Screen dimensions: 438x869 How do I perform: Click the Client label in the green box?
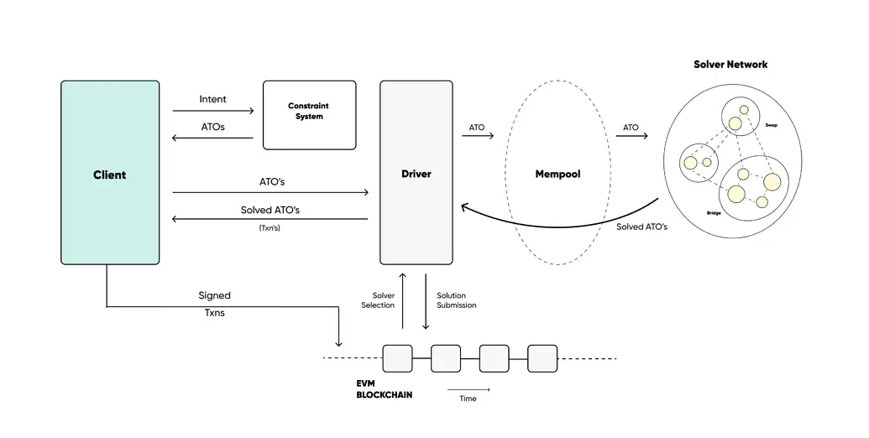point(109,175)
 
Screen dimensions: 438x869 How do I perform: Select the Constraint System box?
point(309,115)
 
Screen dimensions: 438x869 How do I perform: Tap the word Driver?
point(416,174)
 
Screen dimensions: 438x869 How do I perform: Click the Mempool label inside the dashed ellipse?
point(558,175)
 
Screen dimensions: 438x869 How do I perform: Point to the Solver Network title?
point(730,65)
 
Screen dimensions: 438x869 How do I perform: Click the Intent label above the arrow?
point(212,99)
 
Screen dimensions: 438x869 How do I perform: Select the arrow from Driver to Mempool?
point(477,136)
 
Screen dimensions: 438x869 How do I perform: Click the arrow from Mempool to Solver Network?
point(631,136)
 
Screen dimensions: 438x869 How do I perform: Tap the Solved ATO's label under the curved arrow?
point(641,227)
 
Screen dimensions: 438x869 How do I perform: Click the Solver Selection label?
point(378,300)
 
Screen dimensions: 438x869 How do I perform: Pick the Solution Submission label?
point(456,300)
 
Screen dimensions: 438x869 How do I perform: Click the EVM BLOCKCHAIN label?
point(384,388)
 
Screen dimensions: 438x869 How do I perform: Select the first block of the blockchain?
point(397,358)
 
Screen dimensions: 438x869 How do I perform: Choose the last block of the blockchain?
point(542,358)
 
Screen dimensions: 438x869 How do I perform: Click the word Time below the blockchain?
point(468,399)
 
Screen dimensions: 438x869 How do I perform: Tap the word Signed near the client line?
point(214,295)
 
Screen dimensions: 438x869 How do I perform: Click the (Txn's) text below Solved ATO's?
point(270,227)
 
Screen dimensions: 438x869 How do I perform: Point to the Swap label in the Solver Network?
point(771,124)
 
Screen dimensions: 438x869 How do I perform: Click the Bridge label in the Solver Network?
point(714,214)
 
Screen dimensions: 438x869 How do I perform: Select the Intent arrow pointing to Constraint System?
point(212,111)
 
